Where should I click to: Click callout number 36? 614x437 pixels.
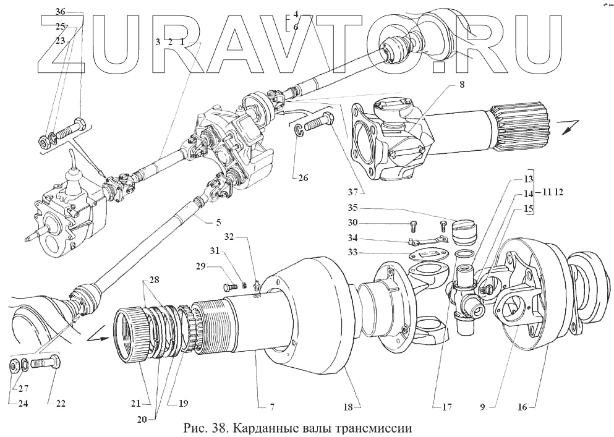tap(59, 12)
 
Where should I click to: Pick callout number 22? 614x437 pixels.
tap(61, 404)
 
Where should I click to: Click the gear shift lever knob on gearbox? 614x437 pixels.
tap(74, 153)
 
